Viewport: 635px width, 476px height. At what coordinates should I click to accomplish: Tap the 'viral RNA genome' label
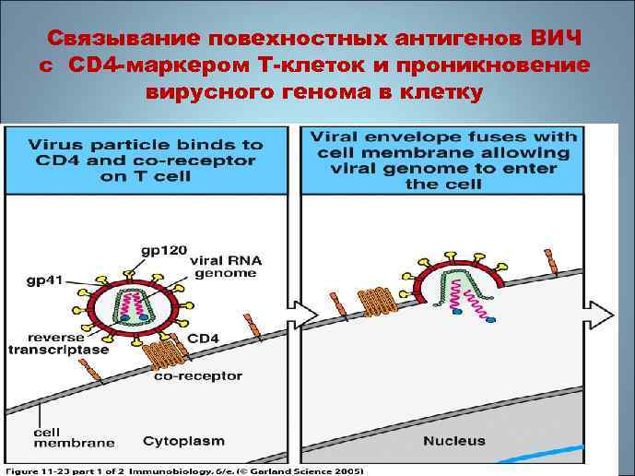(226, 268)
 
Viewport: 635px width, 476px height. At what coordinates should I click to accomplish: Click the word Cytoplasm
(183, 441)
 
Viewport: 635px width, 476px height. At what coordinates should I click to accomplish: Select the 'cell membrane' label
(62, 436)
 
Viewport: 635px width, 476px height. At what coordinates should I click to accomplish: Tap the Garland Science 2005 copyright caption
(184, 470)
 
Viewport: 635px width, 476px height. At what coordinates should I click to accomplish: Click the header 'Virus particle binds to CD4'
(145, 160)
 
